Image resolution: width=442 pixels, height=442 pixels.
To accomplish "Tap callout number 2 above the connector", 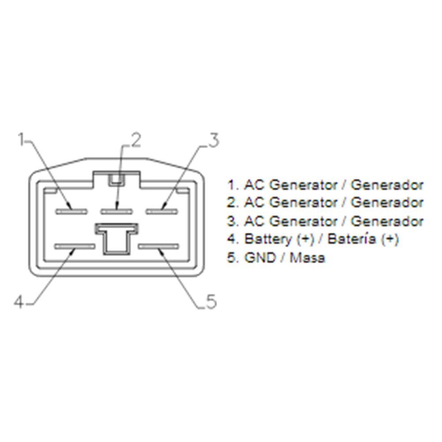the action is (136, 140).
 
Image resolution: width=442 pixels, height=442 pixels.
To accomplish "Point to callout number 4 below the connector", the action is (19, 302).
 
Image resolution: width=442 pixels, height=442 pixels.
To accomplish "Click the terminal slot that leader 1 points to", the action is (72, 211).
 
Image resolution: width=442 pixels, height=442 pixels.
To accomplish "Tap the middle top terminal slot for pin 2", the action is (117, 211).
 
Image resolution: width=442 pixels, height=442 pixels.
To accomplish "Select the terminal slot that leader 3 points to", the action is (162, 211).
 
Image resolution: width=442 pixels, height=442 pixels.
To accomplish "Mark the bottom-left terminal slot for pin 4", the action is (75, 247).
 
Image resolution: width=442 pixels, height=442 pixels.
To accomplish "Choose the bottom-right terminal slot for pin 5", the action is (159, 247).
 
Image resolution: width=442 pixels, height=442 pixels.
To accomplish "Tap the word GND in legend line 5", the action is (260, 257).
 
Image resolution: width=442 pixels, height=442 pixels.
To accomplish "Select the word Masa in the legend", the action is (307, 257).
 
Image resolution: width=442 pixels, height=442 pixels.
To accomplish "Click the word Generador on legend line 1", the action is (387, 185).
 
